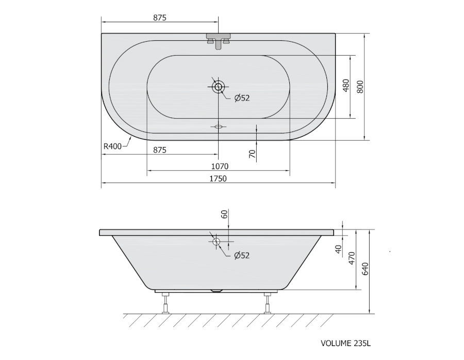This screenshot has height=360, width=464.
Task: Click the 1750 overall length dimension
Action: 218,178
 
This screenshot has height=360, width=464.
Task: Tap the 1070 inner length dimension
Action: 220,167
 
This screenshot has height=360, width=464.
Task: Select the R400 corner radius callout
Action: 112,146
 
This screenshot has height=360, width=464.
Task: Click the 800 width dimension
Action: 360,87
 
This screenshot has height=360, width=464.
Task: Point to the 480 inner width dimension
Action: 346,86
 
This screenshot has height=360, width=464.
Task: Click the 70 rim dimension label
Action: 252,154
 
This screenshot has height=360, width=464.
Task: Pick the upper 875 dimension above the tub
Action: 160,18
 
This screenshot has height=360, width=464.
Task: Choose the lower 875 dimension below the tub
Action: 160,150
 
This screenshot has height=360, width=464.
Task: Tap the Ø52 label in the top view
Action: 242,98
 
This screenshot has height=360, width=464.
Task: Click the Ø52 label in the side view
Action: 242,255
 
